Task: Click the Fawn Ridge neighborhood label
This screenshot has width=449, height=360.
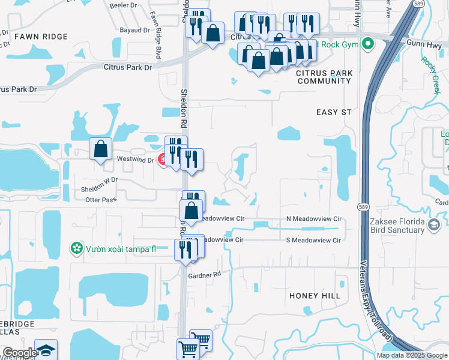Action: click(x=41, y=37)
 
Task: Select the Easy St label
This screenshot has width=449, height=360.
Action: click(x=334, y=112)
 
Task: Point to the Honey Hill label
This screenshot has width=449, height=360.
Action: click(x=315, y=296)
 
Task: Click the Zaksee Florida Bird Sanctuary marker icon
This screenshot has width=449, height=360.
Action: click(x=435, y=225)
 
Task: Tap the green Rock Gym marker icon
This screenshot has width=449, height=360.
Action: click(x=369, y=44)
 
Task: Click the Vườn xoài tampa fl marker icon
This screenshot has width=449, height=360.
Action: click(x=76, y=248)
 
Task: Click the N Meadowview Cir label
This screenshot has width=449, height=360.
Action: click(x=313, y=220)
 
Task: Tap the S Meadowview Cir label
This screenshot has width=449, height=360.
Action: click(x=313, y=240)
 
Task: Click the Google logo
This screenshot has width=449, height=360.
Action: click(x=19, y=352)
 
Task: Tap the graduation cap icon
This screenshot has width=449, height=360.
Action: click(x=46, y=350)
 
